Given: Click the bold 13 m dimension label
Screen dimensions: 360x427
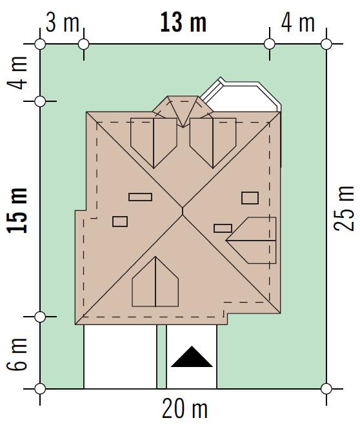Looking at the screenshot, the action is pyautogui.click(x=183, y=23).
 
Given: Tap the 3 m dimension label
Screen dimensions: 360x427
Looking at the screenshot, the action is pyautogui.click(x=63, y=23).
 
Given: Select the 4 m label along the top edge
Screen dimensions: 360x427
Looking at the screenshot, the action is pyautogui.click(x=297, y=23).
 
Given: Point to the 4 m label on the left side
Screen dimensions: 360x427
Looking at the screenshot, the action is pyautogui.click(x=17, y=73).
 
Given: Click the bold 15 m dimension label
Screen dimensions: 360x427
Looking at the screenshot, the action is pyautogui.click(x=17, y=210).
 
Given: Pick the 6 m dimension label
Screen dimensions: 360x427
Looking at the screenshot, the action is pyautogui.click(x=17, y=354).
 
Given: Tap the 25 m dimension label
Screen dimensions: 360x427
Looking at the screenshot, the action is pyautogui.click(x=344, y=209).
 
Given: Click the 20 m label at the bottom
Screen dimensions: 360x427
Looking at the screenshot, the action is pyautogui.click(x=185, y=409).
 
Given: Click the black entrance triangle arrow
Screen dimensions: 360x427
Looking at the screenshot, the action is pyautogui.click(x=192, y=357).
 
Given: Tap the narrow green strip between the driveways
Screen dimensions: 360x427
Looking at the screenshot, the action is pyautogui.click(x=161, y=357).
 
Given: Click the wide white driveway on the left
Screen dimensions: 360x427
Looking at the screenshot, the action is pyautogui.click(x=120, y=357).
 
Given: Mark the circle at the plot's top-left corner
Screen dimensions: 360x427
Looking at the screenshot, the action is pyautogui.click(x=40, y=44).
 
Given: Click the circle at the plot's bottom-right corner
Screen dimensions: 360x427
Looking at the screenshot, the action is pyautogui.click(x=326, y=389).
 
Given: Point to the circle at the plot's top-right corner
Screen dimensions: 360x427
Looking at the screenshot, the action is pyautogui.click(x=326, y=44).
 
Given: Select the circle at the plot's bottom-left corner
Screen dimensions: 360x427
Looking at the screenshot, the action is pyautogui.click(x=40, y=389).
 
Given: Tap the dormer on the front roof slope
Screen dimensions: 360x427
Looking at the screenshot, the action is pyautogui.click(x=155, y=282).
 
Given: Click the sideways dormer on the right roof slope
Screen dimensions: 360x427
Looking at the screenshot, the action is pyautogui.click(x=251, y=241).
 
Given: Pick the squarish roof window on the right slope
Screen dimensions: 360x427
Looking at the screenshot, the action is pyautogui.click(x=250, y=198).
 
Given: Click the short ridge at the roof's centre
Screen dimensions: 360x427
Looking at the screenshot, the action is pyautogui.click(x=183, y=212).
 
